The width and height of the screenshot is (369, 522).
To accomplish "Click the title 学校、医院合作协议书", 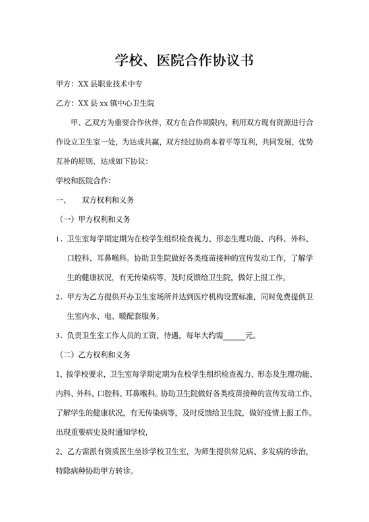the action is point(184,61).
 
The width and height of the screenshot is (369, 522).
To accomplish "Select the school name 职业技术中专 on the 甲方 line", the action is point(119,85).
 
